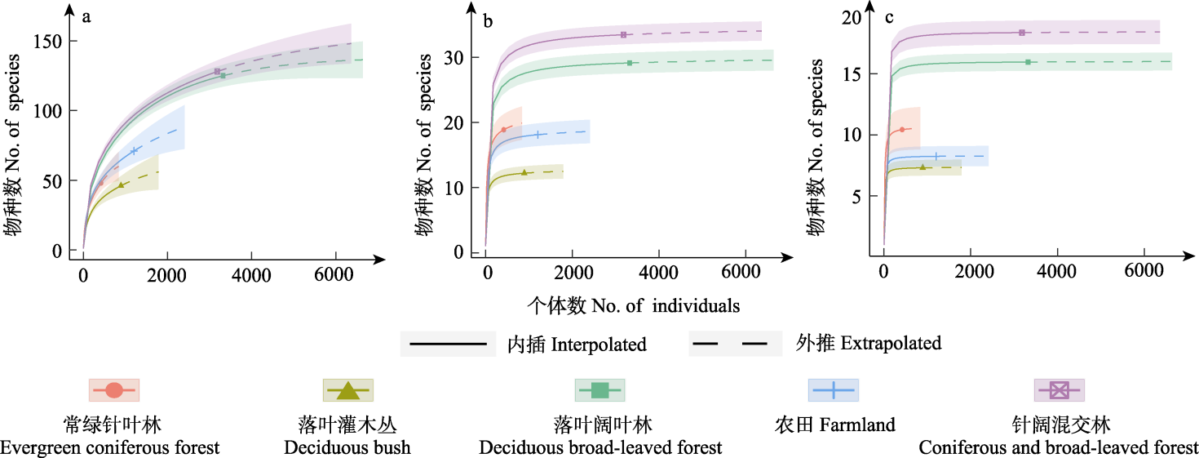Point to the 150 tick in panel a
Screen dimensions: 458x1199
(x=55, y=41)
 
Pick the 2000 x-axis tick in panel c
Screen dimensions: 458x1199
(x=971, y=276)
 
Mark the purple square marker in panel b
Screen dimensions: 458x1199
(x=623, y=34)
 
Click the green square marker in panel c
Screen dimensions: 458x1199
(x=1028, y=62)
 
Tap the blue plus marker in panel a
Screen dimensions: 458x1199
(x=134, y=151)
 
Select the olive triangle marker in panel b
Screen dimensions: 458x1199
(x=524, y=172)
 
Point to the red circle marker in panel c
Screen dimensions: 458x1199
(x=901, y=130)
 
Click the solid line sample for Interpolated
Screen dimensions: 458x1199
(x=448, y=344)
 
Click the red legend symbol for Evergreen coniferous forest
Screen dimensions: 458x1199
(x=114, y=390)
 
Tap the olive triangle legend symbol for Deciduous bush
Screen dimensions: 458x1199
(x=348, y=390)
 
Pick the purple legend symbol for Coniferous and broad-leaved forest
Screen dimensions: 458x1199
(x=1059, y=390)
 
